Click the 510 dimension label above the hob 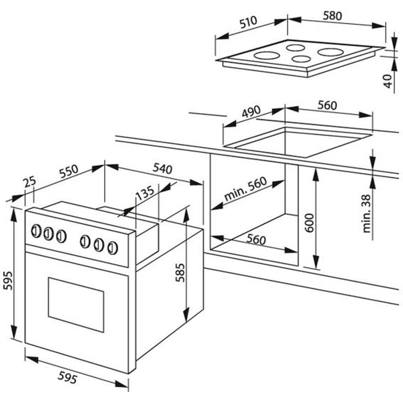[x=248, y=22]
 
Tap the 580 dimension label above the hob [x=332, y=16]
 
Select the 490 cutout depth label [x=251, y=112]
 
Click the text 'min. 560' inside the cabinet [x=245, y=189]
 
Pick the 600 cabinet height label [x=309, y=223]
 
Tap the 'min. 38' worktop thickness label [x=367, y=214]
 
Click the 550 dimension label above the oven [x=69, y=171]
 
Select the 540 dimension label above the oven [x=162, y=169]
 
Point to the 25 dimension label [x=30, y=182]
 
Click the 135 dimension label [x=145, y=193]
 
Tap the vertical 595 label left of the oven [x=8, y=281]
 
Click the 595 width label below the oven [x=67, y=377]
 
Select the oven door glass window [x=76, y=305]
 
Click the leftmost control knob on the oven [x=36, y=231]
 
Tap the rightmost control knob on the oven [x=112, y=248]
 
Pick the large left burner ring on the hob [x=267, y=55]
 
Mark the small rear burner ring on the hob [x=296, y=48]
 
